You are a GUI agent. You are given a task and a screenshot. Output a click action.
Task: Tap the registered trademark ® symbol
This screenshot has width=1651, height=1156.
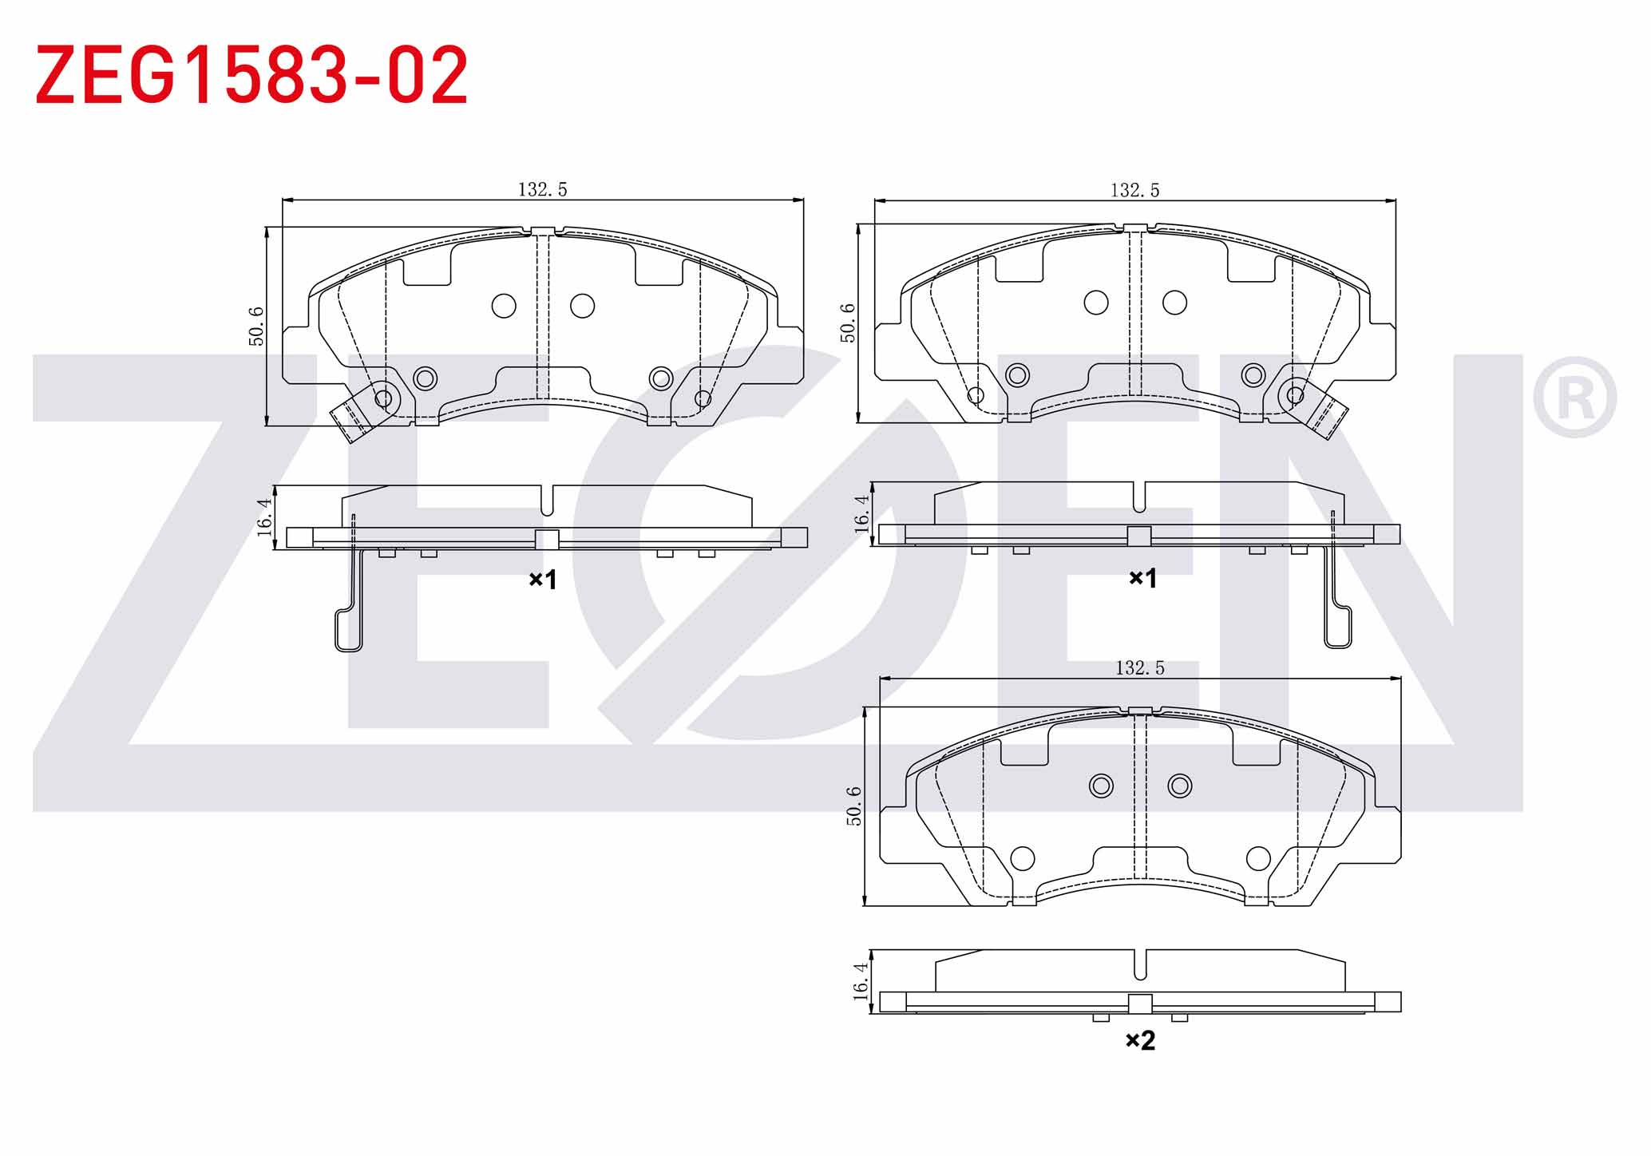(1574, 398)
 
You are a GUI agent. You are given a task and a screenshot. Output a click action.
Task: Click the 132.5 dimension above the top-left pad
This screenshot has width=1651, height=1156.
(542, 190)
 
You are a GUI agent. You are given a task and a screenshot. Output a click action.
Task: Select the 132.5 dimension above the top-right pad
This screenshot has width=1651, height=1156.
(1134, 190)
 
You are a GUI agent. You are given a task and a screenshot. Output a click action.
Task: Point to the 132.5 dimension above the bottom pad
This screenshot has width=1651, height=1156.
(1139, 668)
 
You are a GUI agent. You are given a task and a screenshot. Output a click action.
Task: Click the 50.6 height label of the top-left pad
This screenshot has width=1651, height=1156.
(256, 327)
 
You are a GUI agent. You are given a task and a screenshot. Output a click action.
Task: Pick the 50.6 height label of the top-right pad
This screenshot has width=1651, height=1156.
(848, 323)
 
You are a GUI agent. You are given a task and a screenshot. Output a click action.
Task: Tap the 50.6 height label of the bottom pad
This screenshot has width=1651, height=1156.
(854, 806)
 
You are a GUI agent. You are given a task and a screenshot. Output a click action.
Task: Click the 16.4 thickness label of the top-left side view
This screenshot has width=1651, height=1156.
(264, 517)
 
